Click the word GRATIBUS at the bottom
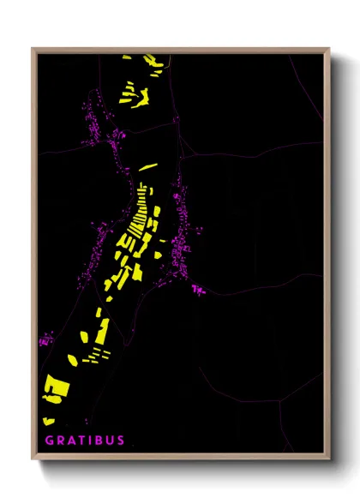tap(84, 441)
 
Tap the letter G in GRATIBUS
tap(49, 441)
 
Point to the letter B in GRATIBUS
tap(99, 441)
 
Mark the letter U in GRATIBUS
tap(110, 441)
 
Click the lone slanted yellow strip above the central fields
tap(148, 167)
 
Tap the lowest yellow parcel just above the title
tap(49, 420)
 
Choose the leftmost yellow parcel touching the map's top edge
tap(126, 57)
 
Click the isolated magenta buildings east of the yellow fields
tap(199, 290)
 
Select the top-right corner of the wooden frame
tap(330, 49)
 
